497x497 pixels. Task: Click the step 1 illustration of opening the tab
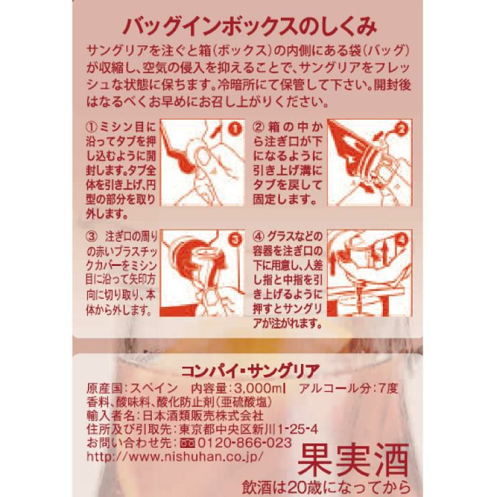tap(201, 163)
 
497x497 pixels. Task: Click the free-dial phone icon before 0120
tap(185, 443)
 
